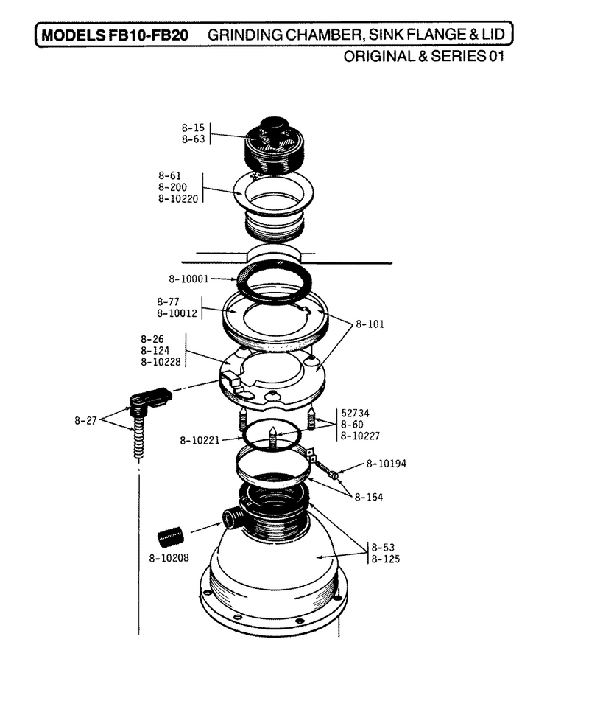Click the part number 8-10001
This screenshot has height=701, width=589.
188,279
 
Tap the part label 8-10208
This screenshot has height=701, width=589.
169,558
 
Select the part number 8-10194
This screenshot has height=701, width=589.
387,464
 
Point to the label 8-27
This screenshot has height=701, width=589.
85,421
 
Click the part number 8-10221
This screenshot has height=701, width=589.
200,440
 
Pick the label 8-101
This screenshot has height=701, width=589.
370,324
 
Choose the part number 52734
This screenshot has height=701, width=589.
355,413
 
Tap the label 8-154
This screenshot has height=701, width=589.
368,497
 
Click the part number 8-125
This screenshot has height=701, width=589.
385,559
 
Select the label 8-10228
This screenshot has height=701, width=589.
161,362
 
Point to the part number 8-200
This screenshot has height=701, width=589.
172,187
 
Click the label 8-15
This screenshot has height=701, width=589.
193,128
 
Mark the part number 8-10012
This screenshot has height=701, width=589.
177,313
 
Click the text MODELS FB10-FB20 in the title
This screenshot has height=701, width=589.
115,35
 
